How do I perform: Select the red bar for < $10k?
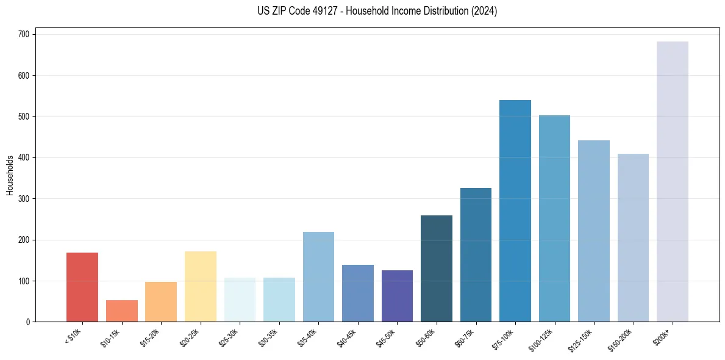[82, 287]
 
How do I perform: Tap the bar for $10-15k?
[121, 311]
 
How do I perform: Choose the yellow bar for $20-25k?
[200, 286]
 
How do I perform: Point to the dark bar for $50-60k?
[436, 268]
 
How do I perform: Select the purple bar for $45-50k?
[397, 296]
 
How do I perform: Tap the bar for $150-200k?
[633, 237]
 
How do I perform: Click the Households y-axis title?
[10, 175]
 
